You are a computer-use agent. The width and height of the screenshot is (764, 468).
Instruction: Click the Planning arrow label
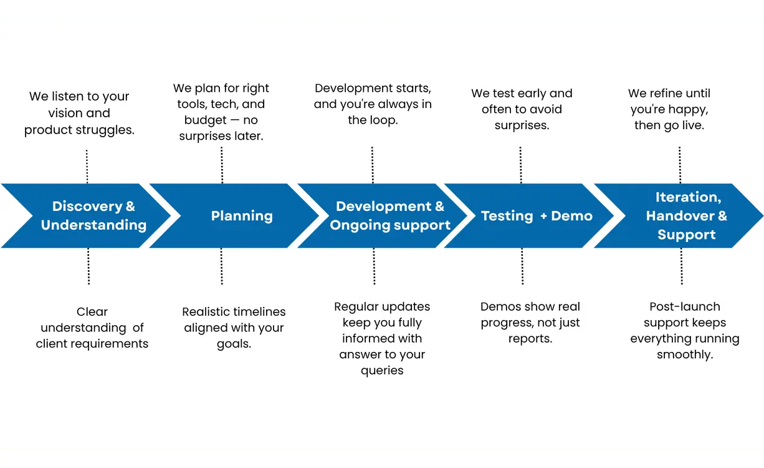(242, 216)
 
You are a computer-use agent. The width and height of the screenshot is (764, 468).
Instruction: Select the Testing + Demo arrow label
(537, 216)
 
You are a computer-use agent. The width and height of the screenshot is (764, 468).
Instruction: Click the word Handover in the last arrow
(677, 216)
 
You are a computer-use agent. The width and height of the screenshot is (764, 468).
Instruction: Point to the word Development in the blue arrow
(383, 207)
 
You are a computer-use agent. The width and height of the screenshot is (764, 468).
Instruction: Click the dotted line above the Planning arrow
(222, 165)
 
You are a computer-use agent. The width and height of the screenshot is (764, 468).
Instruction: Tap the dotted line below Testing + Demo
(522, 266)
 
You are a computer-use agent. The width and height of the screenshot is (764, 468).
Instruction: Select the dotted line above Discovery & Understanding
(87, 166)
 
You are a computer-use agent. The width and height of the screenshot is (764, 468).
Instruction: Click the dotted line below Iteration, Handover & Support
(681, 266)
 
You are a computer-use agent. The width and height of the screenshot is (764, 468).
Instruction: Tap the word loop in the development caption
(384, 120)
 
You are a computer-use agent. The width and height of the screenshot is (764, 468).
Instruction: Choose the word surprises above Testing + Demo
(522, 125)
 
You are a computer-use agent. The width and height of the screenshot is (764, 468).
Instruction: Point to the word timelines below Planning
(259, 311)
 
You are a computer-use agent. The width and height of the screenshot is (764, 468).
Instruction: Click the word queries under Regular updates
(381, 370)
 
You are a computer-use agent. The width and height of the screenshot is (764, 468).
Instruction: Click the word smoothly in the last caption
(684, 354)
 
